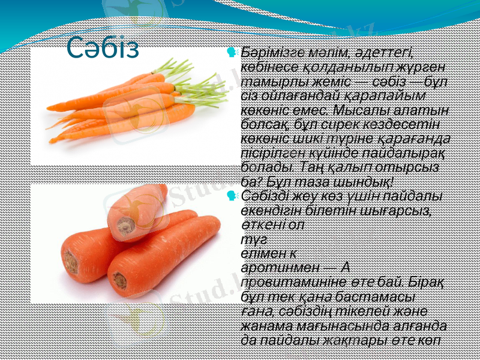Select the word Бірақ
(x=427, y=281)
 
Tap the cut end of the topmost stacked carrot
(x=126, y=226)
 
